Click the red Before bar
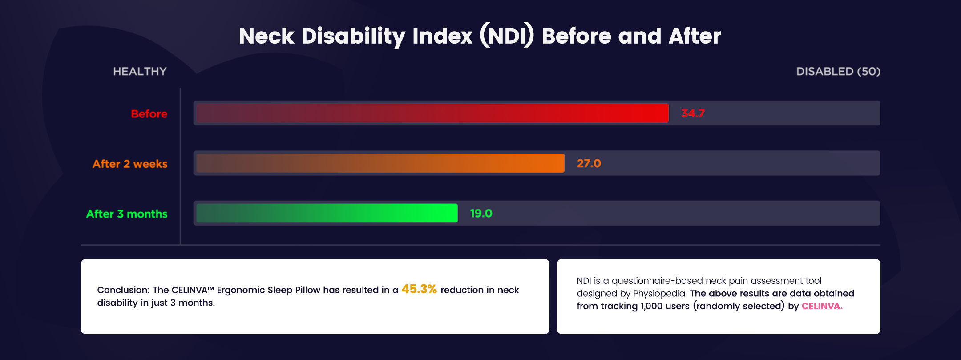point(432,113)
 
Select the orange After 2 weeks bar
point(380,163)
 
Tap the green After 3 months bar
point(327,213)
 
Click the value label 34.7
point(693,113)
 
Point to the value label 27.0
point(589,163)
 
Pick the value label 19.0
point(481,214)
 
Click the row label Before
point(149,114)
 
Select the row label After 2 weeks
point(130,164)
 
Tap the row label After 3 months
point(127,214)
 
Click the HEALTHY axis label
point(140,71)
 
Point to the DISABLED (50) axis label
point(838,71)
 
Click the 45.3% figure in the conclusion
point(419,289)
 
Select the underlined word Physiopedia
point(659,294)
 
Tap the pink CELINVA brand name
point(822,306)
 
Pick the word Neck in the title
point(266,36)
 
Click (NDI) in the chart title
point(507,36)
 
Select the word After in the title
point(695,36)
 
